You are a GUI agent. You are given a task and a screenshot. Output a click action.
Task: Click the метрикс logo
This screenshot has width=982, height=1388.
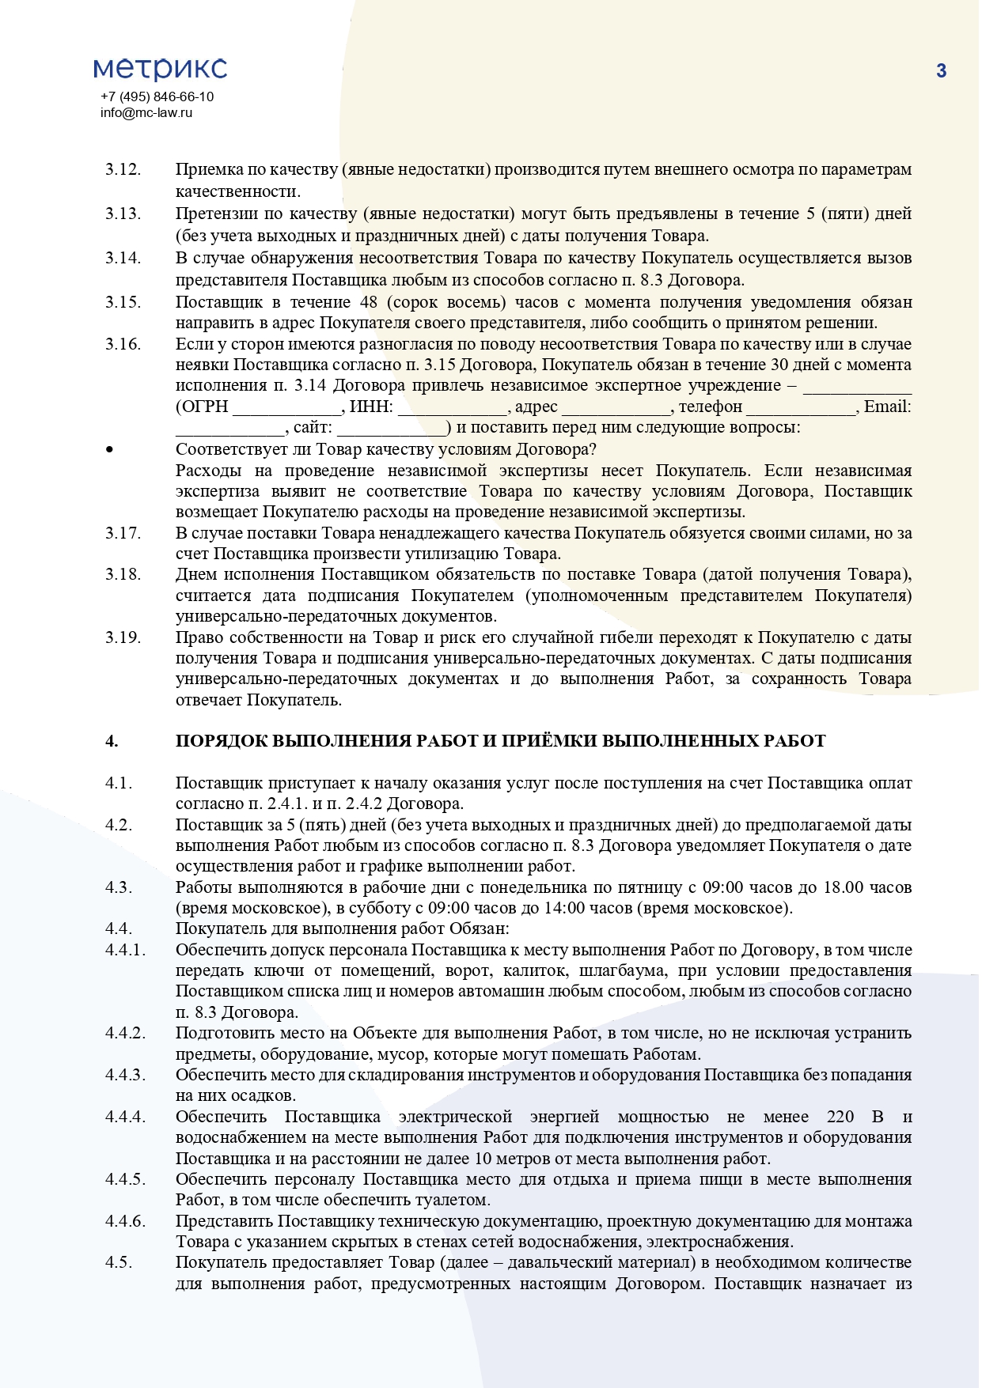pos(161,69)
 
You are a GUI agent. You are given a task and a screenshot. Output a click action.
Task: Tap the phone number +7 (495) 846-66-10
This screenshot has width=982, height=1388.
pos(157,96)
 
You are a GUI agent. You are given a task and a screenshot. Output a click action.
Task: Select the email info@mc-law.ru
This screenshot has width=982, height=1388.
pos(146,112)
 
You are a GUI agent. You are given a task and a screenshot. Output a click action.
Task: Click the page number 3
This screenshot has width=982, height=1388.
pos(941,71)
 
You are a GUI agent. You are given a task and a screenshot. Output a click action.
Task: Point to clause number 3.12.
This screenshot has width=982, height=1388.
pos(123,169)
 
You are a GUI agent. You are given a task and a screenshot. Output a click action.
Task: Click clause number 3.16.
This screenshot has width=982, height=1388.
pos(123,344)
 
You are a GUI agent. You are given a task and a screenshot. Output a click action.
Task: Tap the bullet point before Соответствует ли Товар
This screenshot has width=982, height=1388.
pos(109,450)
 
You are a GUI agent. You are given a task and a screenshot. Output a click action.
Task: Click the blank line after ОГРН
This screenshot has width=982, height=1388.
pos(287,407)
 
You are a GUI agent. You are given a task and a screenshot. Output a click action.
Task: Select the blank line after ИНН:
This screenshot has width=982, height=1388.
pos(452,407)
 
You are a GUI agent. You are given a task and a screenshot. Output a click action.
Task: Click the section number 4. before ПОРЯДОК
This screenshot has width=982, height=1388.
pos(112,741)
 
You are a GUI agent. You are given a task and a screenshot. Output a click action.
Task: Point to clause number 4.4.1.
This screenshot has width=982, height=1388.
pos(126,950)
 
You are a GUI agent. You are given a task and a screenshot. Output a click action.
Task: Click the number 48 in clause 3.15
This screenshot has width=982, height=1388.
pos(369,302)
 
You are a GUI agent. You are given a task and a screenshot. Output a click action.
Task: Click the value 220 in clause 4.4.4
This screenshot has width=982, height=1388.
pos(840,1117)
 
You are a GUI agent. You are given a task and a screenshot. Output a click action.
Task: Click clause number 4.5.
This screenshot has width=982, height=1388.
pos(119,1262)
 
